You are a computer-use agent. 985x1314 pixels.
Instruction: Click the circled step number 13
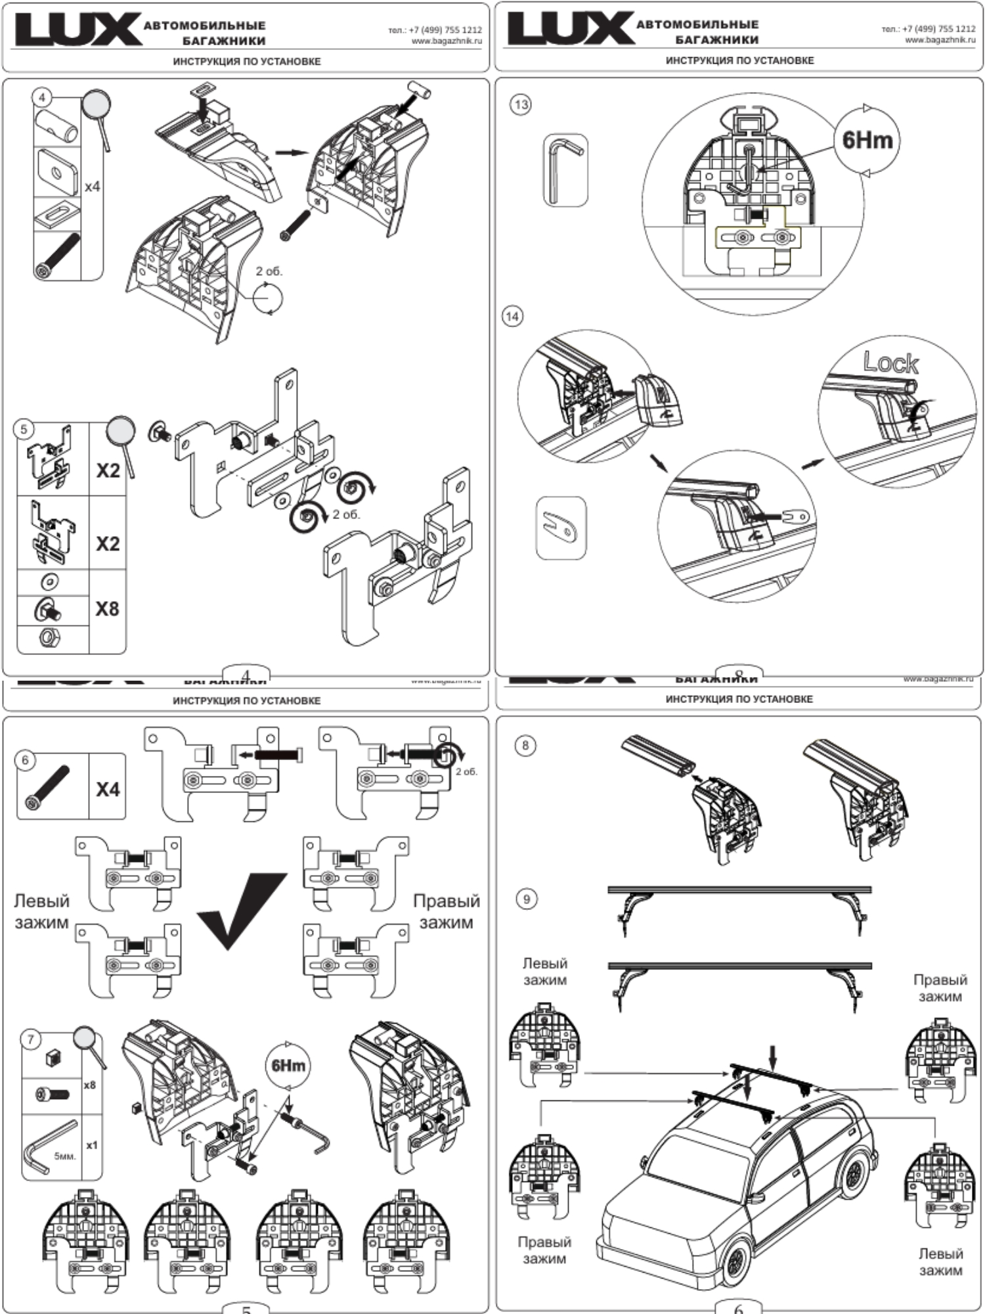point(521,104)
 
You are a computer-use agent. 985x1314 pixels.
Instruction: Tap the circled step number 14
point(512,316)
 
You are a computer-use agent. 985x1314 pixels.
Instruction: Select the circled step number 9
point(526,899)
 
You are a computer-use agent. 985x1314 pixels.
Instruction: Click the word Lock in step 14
point(890,362)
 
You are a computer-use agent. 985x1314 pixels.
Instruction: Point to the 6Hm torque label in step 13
point(867,140)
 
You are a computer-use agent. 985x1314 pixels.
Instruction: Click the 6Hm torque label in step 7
point(288,1065)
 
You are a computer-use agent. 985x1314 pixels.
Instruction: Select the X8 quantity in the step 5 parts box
point(107,608)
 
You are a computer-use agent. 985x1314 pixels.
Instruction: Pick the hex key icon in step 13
point(565,170)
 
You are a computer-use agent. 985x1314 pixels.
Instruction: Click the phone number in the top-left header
point(435,30)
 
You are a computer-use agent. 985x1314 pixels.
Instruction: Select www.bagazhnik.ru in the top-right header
point(940,40)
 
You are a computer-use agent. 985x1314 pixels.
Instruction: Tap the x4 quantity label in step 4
point(93,187)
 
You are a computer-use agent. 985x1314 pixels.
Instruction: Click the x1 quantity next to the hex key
point(91,1145)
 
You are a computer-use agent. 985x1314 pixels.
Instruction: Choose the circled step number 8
point(525,745)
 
